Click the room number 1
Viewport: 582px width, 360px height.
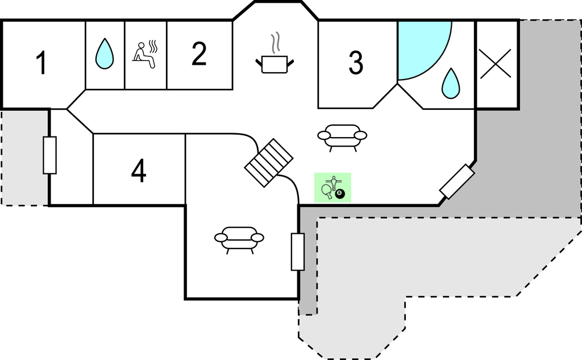click(x=41, y=63)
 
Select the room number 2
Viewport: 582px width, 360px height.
click(x=198, y=55)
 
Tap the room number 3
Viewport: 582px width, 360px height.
click(x=356, y=63)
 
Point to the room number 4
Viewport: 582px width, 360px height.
click(x=139, y=171)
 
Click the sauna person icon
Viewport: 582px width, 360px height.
click(x=145, y=56)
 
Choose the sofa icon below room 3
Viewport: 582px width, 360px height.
click(x=342, y=136)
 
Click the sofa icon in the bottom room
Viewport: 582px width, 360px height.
click(x=239, y=238)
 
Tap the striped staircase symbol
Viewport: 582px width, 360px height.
click(x=269, y=162)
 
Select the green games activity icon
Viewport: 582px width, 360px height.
click(x=333, y=187)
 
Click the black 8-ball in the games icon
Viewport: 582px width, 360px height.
click(x=340, y=195)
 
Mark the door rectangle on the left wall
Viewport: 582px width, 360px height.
click(x=50, y=155)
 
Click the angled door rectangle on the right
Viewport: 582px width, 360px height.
click(x=458, y=181)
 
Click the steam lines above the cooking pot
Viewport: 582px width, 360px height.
click(x=276, y=43)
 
